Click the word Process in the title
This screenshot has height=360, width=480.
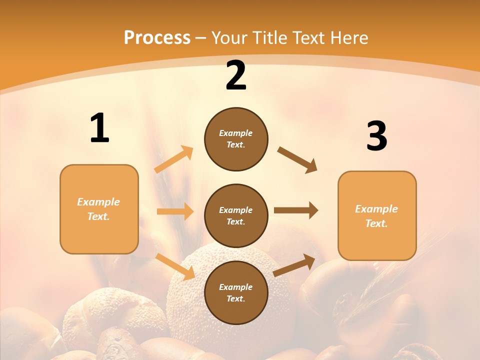[x=157, y=38]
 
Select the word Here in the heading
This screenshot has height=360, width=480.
[x=349, y=38]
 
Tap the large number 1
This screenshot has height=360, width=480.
[x=99, y=128]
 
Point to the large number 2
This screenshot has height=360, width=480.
[x=236, y=76]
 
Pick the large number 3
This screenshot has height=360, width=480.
[x=376, y=136]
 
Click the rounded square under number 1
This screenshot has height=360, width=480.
[x=99, y=209]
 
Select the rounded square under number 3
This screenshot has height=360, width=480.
[x=377, y=215]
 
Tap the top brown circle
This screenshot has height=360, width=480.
[x=236, y=139]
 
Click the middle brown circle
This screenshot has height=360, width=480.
[x=236, y=215]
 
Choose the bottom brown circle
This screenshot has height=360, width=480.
[x=236, y=292]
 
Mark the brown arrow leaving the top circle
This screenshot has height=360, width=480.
[x=297, y=159]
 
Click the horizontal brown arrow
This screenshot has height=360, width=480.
[x=296, y=210]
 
